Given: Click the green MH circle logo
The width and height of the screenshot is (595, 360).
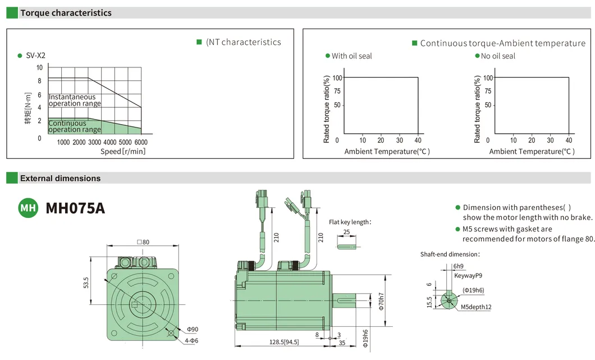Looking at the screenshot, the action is click(x=28, y=208).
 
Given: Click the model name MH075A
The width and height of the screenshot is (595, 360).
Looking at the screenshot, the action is click(x=75, y=208).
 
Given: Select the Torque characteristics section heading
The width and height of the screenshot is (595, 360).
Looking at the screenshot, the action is click(x=66, y=13).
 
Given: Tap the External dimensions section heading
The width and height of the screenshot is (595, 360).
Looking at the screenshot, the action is click(x=60, y=178).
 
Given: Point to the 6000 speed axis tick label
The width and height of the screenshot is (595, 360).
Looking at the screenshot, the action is click(x=141, y=142).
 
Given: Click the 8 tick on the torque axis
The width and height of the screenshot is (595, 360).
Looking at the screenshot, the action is click(x=39, y=80).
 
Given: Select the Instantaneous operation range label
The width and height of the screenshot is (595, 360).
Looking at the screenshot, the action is click(x=75, y=101).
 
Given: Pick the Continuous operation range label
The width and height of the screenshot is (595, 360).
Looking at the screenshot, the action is click(x=75, y=126).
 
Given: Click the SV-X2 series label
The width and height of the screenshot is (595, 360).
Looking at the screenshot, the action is click(x=36, y=56).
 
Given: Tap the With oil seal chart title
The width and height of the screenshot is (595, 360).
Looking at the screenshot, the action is click(x=352, y=56).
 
